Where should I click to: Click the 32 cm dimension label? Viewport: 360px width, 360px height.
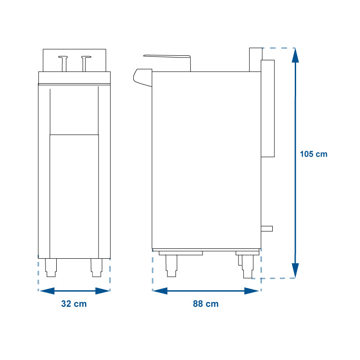point(74,304)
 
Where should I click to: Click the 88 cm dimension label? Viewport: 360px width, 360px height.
point(206,304)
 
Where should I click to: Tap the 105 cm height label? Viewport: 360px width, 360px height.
point(314,154)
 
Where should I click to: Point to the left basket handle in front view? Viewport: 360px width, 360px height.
point(63,63)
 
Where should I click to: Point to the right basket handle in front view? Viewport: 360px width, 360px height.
point(86,63)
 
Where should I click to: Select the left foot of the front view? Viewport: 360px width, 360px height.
point(51,268)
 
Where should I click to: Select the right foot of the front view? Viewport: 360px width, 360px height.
point(96,268)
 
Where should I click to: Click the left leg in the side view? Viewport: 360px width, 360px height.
point(171,266)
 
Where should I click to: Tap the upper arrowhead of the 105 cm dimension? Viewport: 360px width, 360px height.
point(295,55)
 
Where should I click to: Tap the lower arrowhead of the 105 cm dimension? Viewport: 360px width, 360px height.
point(295,270)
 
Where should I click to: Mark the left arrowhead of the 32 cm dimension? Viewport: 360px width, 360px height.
point(47,291)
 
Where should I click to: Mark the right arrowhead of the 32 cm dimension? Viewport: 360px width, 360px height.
point(103,291)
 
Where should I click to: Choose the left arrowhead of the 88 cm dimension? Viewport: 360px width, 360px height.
point(160,291)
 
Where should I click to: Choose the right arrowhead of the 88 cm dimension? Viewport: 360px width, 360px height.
point(252,291)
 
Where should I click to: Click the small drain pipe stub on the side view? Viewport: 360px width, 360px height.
point(267,229)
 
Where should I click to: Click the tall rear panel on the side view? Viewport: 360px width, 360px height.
point(268,108)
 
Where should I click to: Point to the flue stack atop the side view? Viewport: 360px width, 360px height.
point(256,60)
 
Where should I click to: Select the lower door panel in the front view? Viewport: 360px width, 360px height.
point(74,197)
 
